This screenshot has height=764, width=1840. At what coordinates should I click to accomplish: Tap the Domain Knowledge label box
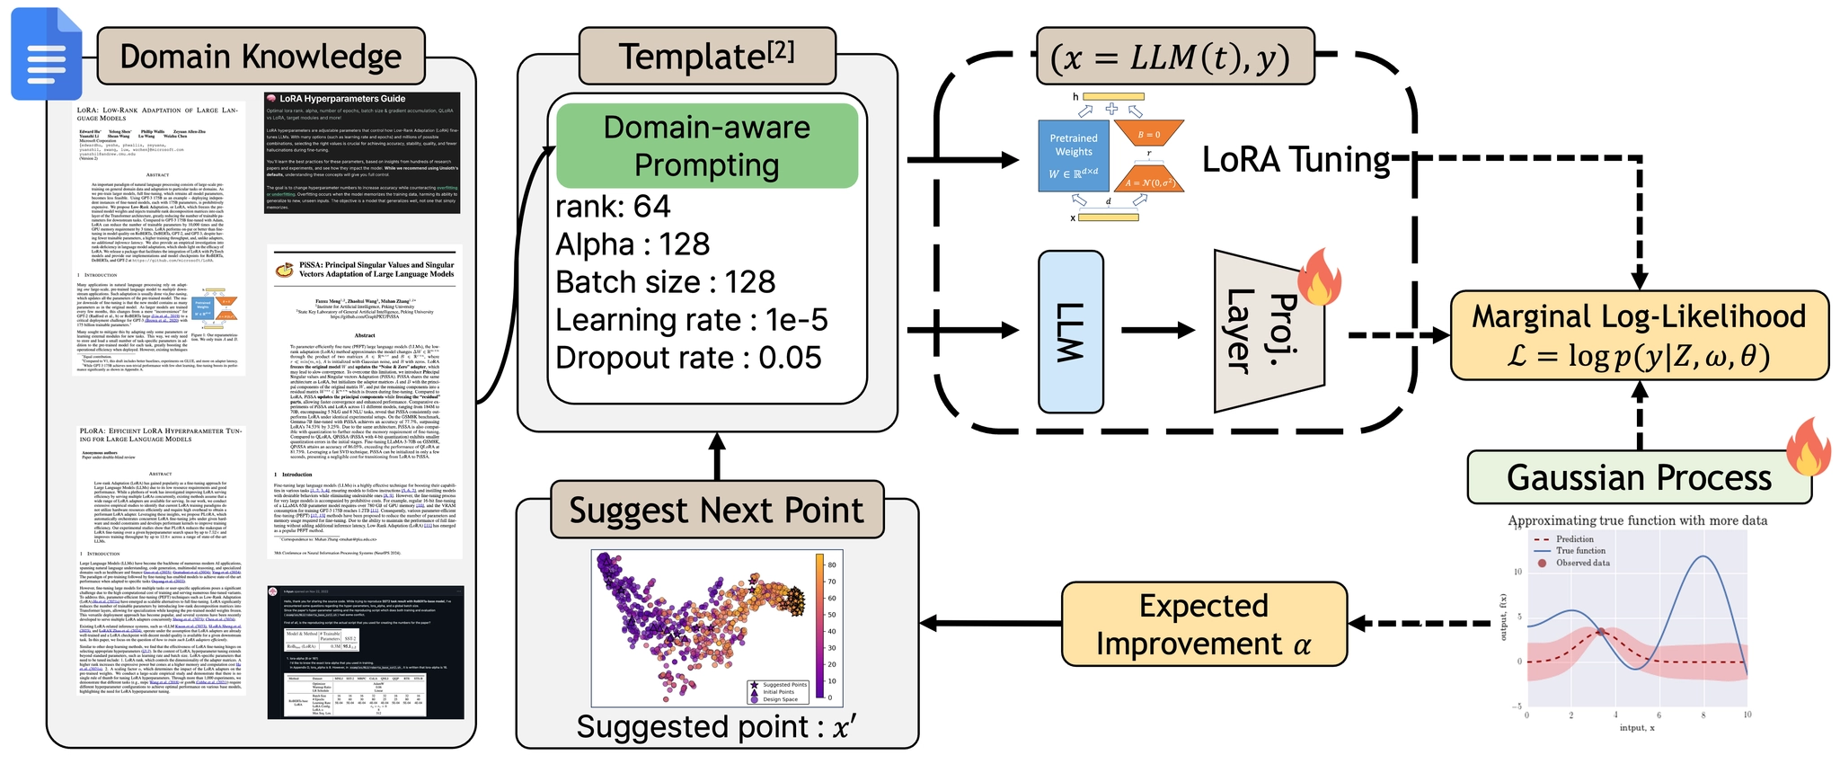click(261, 56)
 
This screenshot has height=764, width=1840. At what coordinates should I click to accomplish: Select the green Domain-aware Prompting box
click(707, 146)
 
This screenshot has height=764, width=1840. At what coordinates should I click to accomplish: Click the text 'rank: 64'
click(613, 207)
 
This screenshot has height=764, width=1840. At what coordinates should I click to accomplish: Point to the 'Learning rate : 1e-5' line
click(692, 320)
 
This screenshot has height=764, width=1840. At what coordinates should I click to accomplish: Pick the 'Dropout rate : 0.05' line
click(688, 358)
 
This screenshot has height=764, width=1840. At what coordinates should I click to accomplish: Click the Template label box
click(707, 56)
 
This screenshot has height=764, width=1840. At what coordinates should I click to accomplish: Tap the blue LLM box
click(1070, 332)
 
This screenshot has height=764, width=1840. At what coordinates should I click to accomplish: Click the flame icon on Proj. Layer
click(1319, 278)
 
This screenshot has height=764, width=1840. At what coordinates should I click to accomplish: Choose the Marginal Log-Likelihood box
click(1639, 335)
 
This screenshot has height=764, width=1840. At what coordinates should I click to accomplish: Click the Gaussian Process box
click(1639, 477)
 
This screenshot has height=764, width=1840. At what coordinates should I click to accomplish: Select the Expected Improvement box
click(1204, 624)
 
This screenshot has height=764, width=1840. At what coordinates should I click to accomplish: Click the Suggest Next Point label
click(716, 510)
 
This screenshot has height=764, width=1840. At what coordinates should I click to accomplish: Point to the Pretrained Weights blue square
click(1074, 156)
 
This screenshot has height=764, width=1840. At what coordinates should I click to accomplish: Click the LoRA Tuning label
click(1296, 159)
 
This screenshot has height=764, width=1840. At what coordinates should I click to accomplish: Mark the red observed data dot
click(1602, 633)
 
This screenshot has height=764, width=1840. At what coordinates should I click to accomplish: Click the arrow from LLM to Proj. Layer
click(1159, 331)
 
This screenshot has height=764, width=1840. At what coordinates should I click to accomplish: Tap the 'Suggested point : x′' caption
click(716, 726)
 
